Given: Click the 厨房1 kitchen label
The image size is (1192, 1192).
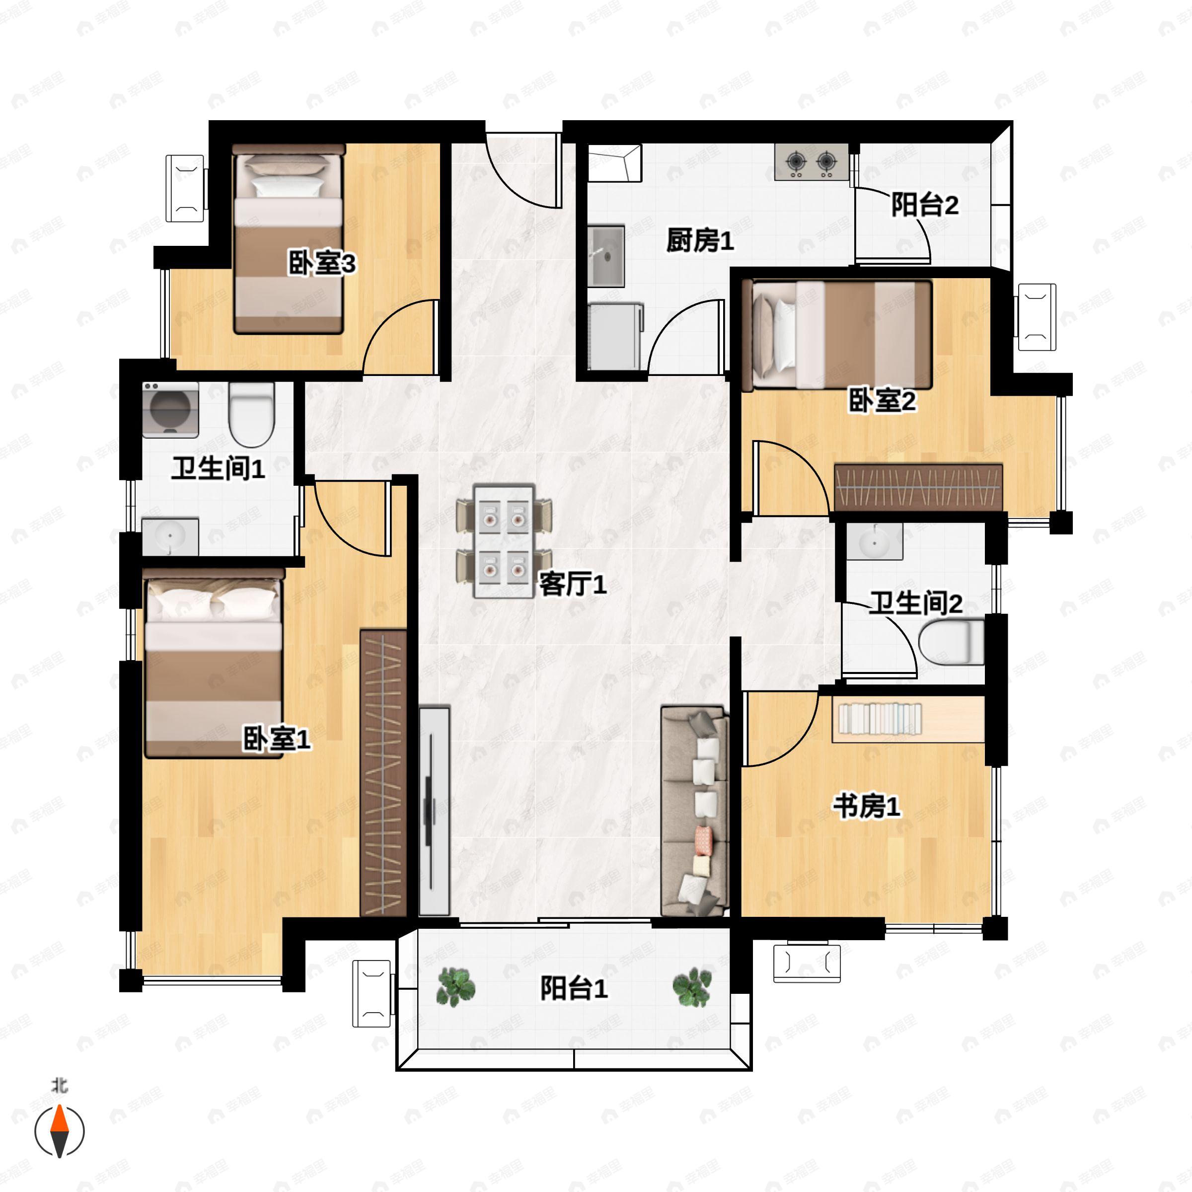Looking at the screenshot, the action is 700,240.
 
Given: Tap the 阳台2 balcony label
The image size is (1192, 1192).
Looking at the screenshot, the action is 925,205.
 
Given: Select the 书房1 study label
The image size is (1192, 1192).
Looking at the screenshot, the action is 867,807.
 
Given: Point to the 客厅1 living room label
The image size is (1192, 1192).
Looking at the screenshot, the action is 573,584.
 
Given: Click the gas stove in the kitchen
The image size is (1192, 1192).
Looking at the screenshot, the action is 812,162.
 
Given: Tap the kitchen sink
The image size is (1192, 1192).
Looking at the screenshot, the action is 606,257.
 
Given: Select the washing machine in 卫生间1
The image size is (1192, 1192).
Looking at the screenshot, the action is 170,410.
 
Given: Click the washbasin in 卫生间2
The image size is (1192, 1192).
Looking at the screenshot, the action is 874,541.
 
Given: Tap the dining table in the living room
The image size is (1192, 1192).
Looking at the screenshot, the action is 504,541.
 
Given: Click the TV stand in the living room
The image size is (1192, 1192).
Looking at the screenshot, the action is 435,811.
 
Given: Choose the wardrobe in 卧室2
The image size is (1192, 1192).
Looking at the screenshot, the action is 918,487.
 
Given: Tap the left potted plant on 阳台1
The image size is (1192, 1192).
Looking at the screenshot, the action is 455,986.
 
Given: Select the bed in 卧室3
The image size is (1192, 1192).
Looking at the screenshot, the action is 288,239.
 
